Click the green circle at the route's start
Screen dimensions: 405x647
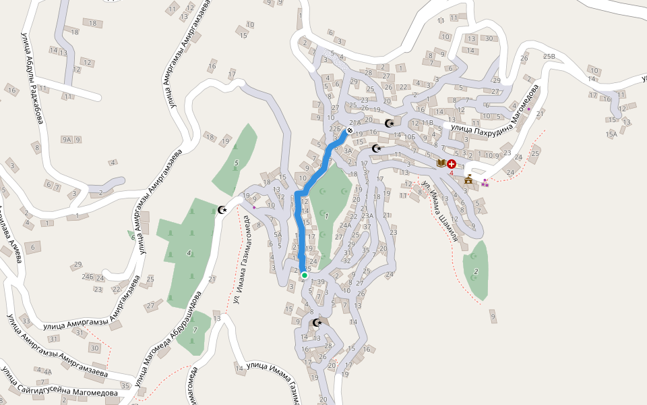(x=305, y=275)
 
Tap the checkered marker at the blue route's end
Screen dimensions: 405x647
(x=350, y=131)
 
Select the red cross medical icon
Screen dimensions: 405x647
(x=452, y=163)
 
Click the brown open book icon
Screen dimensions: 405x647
(x=441, y=163)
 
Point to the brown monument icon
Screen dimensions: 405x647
(x=470, y=179)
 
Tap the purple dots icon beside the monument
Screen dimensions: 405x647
(x=485, y=183)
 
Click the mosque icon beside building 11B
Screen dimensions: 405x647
(x=389, y=124)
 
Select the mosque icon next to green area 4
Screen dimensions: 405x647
(x=222, y=210)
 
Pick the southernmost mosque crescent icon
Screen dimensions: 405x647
(x=317, y=323)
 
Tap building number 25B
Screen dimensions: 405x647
(x=549, y=56)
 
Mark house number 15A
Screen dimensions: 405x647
(x=611, y=134)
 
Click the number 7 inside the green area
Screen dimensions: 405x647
(x=195, y=330)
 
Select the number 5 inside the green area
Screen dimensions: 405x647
(x=236, y=163)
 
